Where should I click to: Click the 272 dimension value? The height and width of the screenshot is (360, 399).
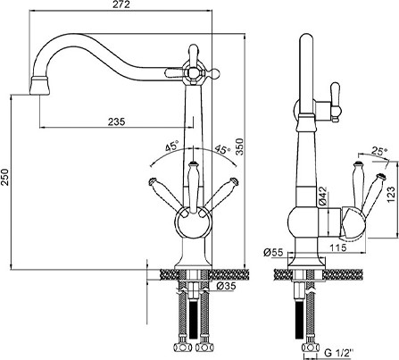(122, 4)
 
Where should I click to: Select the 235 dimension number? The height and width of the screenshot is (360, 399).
(116, 121)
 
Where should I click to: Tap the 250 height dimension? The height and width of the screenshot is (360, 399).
(4, 177)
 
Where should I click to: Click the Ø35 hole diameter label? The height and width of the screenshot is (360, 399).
(226, 286)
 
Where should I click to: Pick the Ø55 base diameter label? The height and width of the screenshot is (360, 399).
(273, 253)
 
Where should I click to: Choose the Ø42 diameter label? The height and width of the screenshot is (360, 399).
(322, 197)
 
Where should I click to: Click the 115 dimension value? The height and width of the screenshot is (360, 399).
(337, 247)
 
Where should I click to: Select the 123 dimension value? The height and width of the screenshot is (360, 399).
(391, 195)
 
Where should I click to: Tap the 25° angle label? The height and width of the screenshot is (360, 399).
(380, 151)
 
